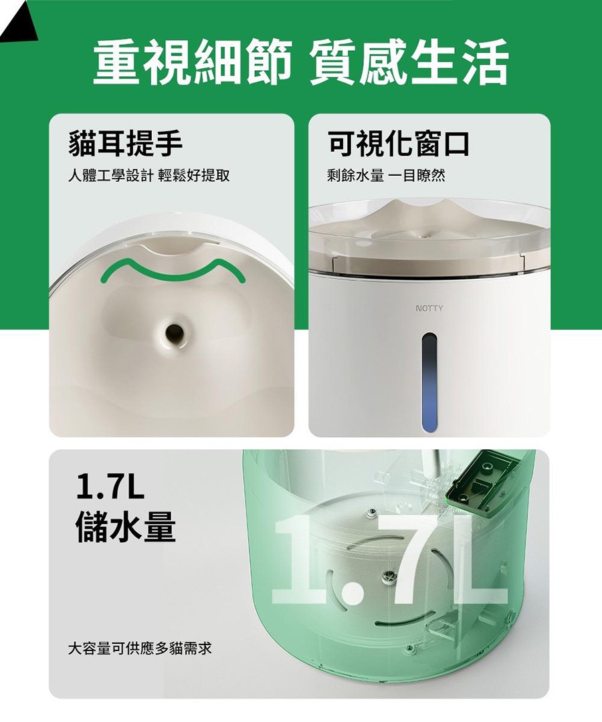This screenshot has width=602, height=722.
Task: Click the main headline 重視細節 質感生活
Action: click(301, 62)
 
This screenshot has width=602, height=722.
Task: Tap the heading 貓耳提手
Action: click(125, 143)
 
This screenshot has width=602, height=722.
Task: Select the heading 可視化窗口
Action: click(399, 143)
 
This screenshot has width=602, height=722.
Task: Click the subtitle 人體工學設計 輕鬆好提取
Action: click(148, 175)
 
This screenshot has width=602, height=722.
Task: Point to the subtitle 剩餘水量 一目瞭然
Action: click(386, 175)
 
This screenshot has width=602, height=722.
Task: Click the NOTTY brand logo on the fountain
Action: click(429, 308)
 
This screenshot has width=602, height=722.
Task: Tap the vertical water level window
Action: click(429, 382)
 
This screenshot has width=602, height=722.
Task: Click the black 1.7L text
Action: click(110, 487)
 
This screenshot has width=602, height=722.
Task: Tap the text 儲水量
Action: click(125, 525)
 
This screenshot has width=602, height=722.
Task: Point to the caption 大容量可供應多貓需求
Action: click(140, 648)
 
